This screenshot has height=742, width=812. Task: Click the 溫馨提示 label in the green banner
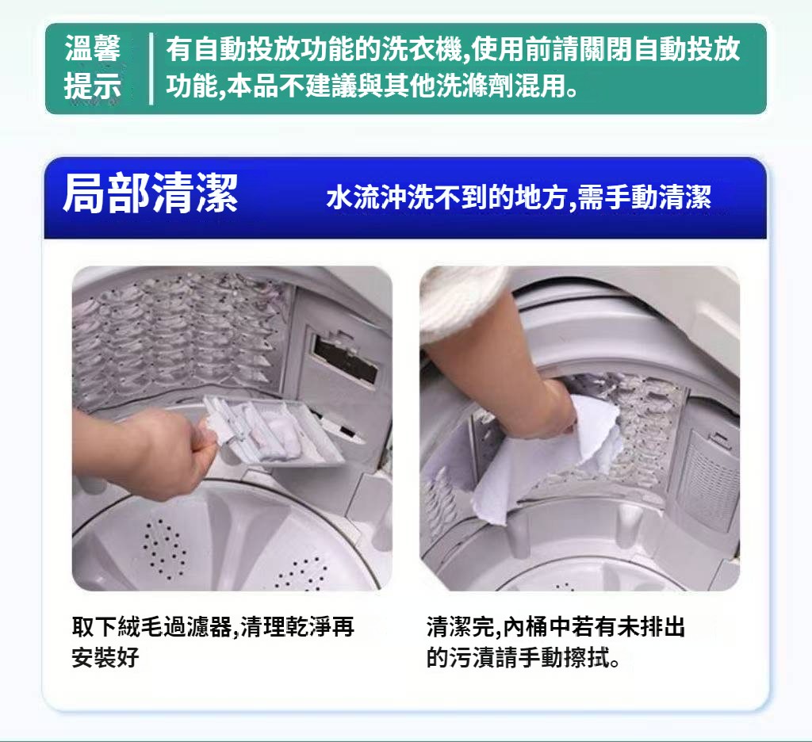tap(93, 67)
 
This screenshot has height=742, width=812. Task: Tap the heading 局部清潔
tap(150, 193)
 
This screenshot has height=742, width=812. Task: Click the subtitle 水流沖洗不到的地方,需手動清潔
tap(519, 197)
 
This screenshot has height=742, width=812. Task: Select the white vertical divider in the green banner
tap(151, 68)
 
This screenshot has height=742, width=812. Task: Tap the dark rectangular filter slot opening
tap(346, 358)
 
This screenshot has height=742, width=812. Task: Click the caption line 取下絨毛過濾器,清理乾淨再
tap(213, 626)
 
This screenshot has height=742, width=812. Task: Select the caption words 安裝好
tap(105, 657)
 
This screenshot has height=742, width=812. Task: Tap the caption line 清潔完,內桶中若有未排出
tap(556, 626)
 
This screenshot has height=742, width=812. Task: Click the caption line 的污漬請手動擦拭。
tap(523, 657)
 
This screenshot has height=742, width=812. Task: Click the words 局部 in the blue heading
tap(106, 193)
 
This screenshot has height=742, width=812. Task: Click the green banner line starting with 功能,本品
tap(372, 86)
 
